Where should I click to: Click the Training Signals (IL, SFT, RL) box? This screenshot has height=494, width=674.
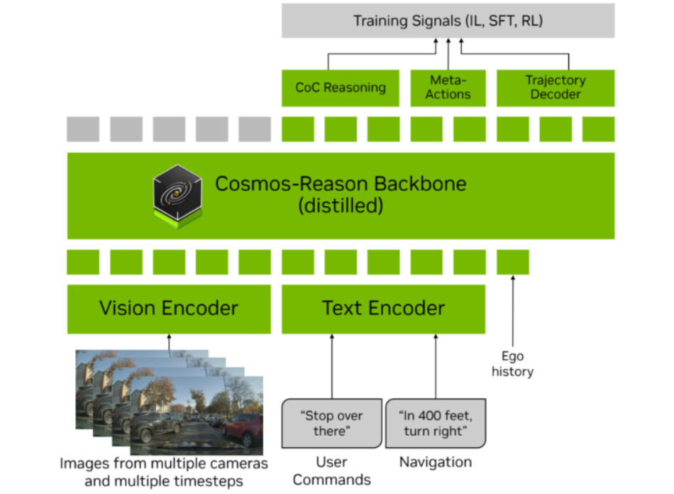[x=448, y=21]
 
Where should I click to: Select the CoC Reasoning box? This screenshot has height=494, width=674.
[x=341, y=88]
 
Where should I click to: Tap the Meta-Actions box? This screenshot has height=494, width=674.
[x=448, y=88]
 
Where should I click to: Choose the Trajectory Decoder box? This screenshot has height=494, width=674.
[x=555, y=88]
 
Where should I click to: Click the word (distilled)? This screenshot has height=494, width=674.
[x=341, y=207]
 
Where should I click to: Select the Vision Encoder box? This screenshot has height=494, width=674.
[x=169, y=309]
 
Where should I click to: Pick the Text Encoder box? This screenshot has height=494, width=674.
[x=383, y=309]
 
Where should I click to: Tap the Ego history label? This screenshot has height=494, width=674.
[x=512, y=364]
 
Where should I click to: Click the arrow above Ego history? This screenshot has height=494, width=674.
[x=512, y=312]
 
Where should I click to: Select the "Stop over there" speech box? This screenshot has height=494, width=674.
[x=331, y=424]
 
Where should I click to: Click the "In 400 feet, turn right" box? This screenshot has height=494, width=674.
[x=435, y=424]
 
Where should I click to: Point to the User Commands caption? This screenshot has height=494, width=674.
[x=331, y=471]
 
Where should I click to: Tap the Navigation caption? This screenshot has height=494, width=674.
[x=435, y=463]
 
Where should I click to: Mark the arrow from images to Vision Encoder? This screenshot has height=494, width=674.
[x=169, y=343]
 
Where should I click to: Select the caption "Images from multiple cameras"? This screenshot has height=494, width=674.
[x=164, y=463]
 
